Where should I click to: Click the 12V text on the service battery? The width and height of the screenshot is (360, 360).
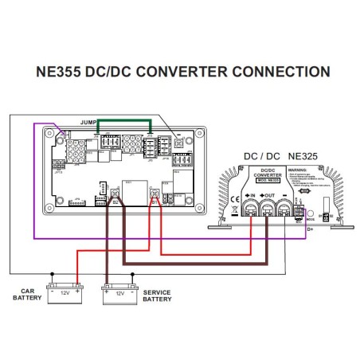point(120,293)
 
